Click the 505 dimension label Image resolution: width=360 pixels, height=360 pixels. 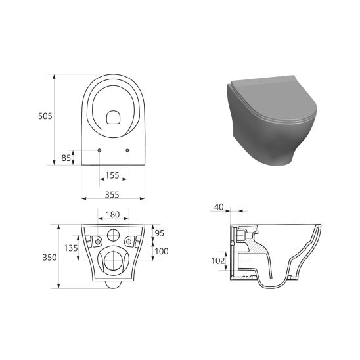pyautogui.click(x=45, y=116)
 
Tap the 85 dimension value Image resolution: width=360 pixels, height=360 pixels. pyautogui.click(x=66, y=158)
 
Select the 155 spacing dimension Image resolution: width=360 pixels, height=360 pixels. pyautogui.click(x=112, y=175)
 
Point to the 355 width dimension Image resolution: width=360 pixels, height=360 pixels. pyautogui.click(x=112, y=195)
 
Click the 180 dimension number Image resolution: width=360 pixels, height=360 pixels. pyautogui.click(x=113, y=214)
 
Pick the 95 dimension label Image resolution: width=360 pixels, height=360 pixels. pyautogui.click(x=160, y=233)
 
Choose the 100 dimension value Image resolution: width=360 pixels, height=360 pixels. pyautogui.click(x=162, y=251)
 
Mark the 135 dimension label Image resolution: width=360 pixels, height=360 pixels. pyautogui.click(x=71, y=248)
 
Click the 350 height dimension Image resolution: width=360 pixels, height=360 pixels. pyautogui.click(x=49, y=258)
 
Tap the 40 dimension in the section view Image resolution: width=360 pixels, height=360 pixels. pyautogui.click(x=219, y=207)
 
